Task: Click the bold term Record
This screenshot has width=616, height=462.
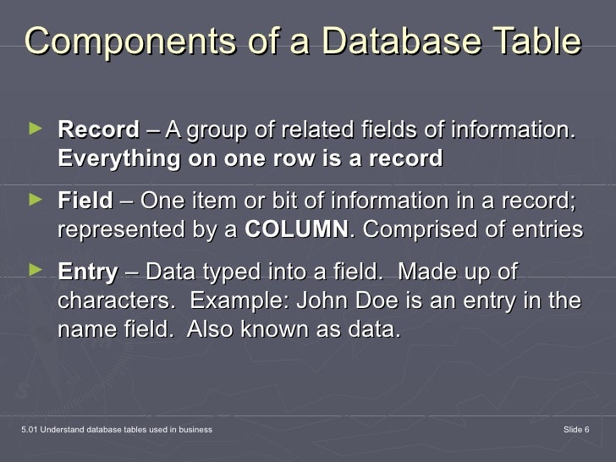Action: pos(98,130)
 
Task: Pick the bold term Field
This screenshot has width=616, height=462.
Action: pos(85,201)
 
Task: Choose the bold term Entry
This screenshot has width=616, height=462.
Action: pos(87,272)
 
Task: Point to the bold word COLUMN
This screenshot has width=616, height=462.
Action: pos(295,230)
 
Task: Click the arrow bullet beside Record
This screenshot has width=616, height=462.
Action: pos(34,129)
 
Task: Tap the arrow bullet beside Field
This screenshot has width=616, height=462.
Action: pos(34,200)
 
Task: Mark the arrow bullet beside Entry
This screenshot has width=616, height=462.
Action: pos(34,271)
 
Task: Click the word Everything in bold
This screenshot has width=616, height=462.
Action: pos(119,159)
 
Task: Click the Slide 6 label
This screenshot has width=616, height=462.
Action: pos(575,431)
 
